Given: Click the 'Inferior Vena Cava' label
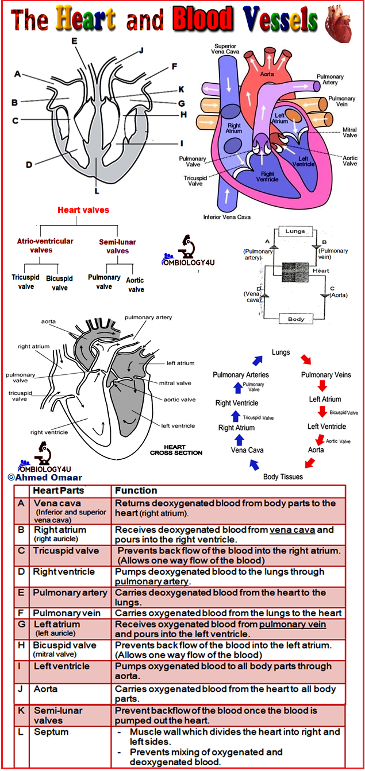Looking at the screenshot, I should point(226,217).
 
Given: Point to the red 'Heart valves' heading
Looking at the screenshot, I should point(83,210).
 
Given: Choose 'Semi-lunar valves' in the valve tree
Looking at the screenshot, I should point(118,246).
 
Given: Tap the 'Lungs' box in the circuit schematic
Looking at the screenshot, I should point(295,231).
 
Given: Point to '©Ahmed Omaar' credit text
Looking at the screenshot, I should point(45,477).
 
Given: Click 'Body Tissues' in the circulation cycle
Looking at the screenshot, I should point(283,476).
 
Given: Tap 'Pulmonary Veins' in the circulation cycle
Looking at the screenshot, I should point(326,375).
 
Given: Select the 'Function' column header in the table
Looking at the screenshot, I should point(136,491).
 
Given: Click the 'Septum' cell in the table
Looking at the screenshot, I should point(51,732).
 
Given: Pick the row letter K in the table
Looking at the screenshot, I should point(21,711).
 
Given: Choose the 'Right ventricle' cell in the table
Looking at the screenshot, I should point(63,572).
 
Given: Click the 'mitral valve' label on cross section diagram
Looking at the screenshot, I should point(175,383).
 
